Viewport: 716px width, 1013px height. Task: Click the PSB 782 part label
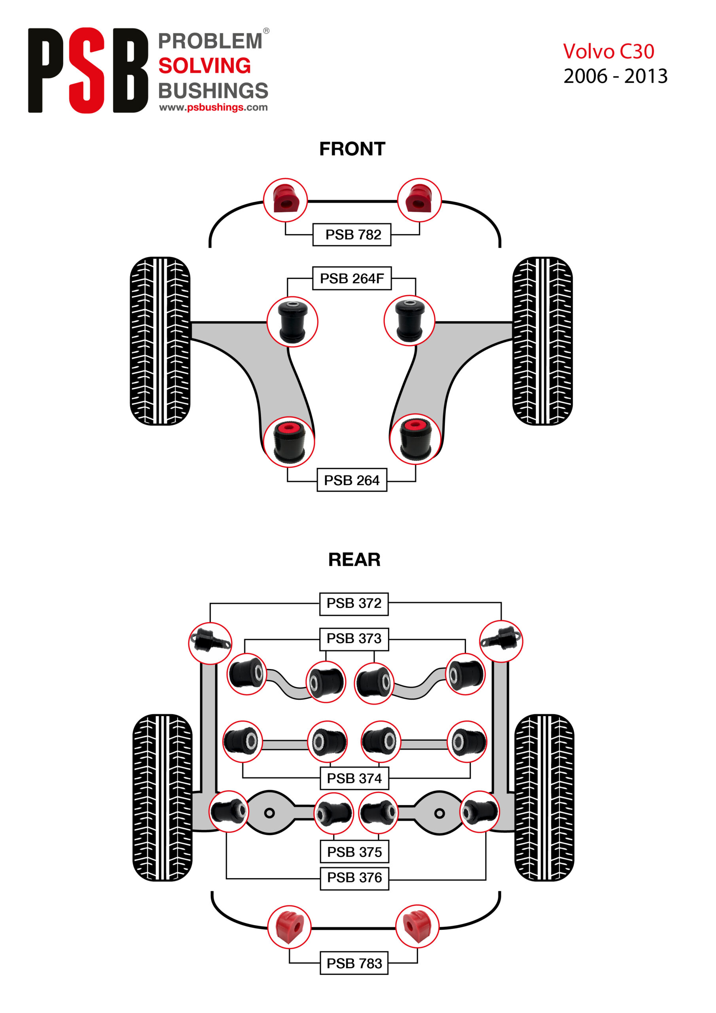tap(352, 234)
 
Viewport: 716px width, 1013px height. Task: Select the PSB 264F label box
tap(352, 279)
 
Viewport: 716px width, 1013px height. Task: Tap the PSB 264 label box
tap(352, 480)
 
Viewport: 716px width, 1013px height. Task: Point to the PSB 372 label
tap(354, 603)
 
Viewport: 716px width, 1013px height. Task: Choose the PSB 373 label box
tap(354, 638)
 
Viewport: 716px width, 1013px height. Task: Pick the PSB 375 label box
tap(354, 852)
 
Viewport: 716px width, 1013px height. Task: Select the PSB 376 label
tap(354, 878)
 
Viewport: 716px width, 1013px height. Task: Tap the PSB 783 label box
tap(354, 963)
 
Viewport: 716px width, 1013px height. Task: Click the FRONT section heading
tap(352, 149)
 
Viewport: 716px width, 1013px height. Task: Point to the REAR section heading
tap(354, 560)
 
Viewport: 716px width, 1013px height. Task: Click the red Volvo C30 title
tap(608, 51)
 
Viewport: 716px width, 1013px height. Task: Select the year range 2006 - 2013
tap(616, 76)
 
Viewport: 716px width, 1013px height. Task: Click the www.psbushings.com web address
tap(213, 107)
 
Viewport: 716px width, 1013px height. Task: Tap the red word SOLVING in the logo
tap(205, 66)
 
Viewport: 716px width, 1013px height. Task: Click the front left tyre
tap(160, 341)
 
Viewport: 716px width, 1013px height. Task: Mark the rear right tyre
tap(544, 798)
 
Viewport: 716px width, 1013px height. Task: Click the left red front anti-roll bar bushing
tap(286, 200)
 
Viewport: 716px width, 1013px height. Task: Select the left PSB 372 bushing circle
tap(210, 643)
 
